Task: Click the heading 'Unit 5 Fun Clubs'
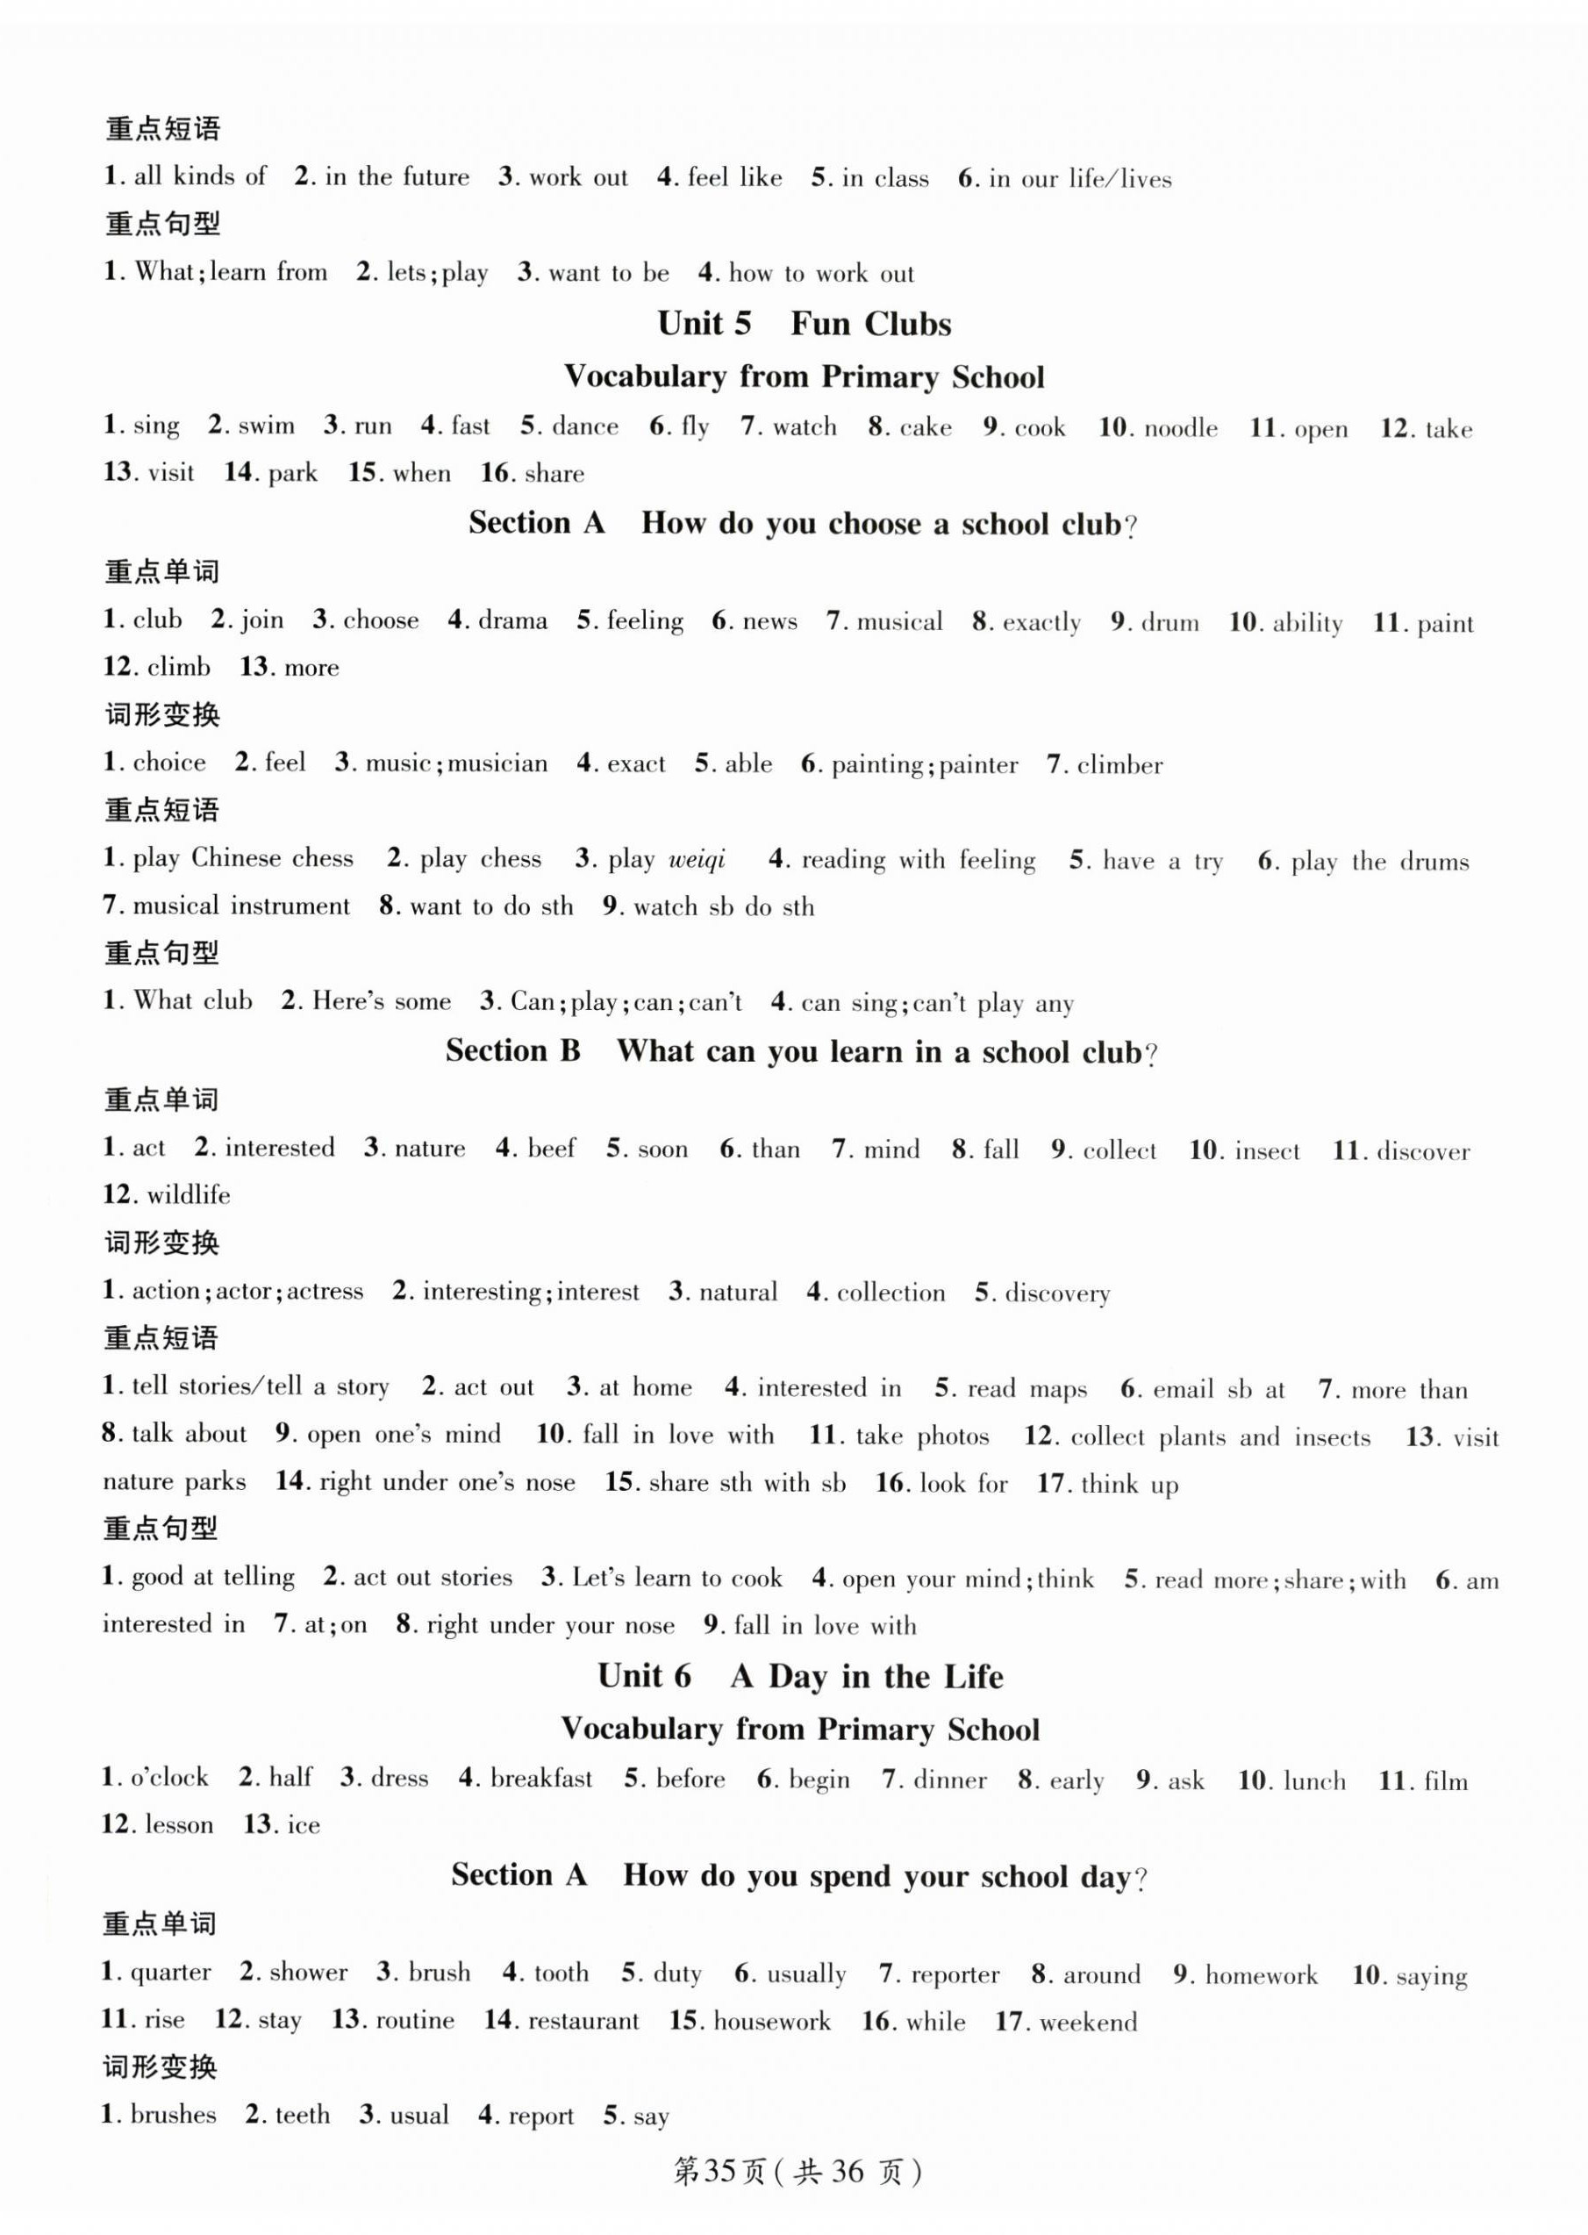click(803, 324)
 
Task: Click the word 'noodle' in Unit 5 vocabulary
click(1180, 427)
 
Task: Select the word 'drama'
click(512, 620)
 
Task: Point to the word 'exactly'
click(1041, 622)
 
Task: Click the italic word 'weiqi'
click(697, 859)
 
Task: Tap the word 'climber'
click(1119, 765)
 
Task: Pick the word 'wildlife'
click(189, 1194)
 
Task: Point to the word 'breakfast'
click(540, 1777)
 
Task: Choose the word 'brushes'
click(173, 2115)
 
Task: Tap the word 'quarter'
click(170, 1973)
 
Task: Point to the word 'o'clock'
click(169, 1777)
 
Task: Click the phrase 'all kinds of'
click(199, 176)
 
